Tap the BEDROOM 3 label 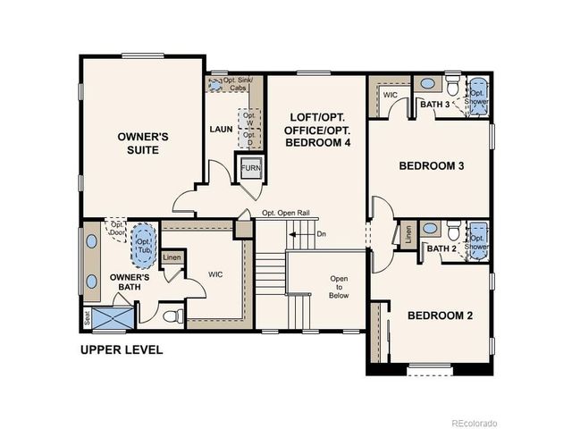tap(431, 166)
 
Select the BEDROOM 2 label tap(441, 315)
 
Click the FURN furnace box tap(248, 167)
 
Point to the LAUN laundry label tap(221, 128)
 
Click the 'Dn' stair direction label tap(321, 235)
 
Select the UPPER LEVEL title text tap(122, 349)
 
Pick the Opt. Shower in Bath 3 tap(477, 97)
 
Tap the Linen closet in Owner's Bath tap(172, 258)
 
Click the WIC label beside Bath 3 tap(391, 94)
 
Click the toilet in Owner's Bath tap(174, 315)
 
